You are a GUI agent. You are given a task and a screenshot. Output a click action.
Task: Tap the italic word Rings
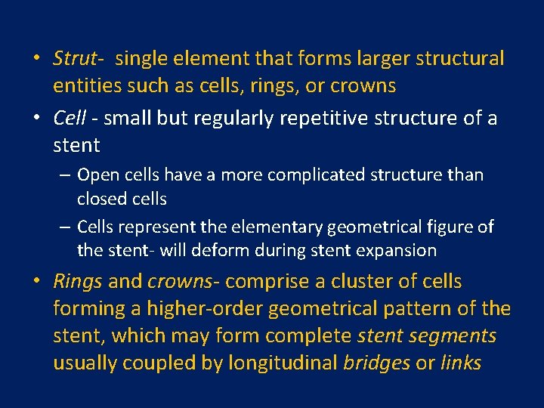pos(77,281)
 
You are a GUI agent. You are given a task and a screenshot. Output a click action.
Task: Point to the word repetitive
pos(329,119)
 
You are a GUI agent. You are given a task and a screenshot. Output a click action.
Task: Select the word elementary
pos(289,226)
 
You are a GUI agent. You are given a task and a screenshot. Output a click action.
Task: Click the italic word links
pos(460,363)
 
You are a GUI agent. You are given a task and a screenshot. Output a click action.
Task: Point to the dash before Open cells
pos(66,175)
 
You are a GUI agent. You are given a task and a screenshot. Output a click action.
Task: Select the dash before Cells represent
pos(66,227)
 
